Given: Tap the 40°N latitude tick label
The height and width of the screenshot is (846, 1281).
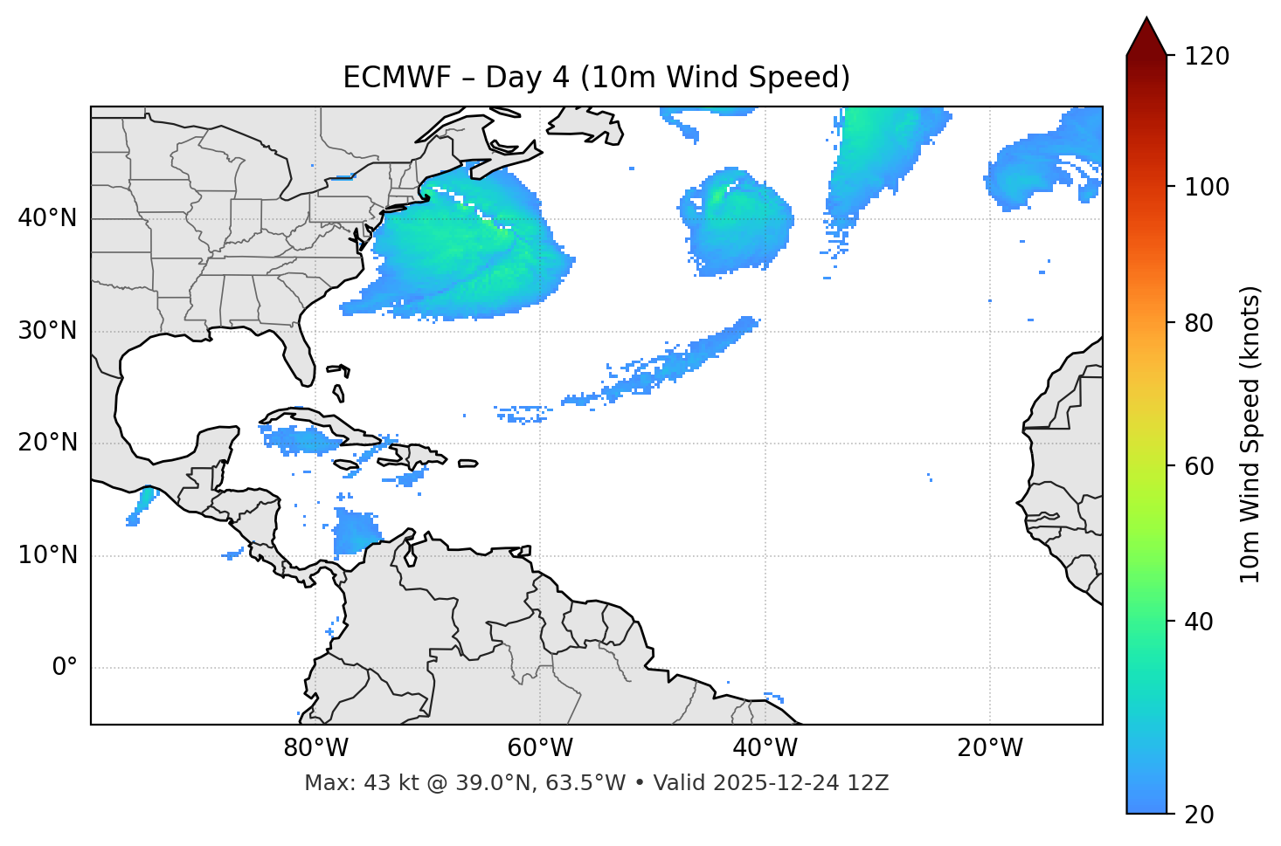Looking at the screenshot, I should coord(47,218).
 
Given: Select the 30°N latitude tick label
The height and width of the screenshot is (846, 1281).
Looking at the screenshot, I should coord(47,331).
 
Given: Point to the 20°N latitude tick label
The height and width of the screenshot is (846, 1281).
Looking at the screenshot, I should coord(47,443).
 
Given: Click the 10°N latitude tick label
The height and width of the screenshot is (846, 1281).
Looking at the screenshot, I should coord(47,555).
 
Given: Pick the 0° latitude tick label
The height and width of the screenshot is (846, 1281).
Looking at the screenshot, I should coord(65,668).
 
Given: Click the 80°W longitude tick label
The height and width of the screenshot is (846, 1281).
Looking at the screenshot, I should coord(315,748).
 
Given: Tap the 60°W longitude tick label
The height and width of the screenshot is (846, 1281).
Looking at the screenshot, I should coord(540,748).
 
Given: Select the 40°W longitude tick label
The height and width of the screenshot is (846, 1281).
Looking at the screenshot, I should coord(765,748).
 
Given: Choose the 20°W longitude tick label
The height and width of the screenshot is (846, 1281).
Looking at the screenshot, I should coord(989,748).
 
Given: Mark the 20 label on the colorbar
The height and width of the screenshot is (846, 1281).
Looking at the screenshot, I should coord(1198,815).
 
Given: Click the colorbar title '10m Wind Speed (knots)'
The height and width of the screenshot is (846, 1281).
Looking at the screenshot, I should coord(1250,435).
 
